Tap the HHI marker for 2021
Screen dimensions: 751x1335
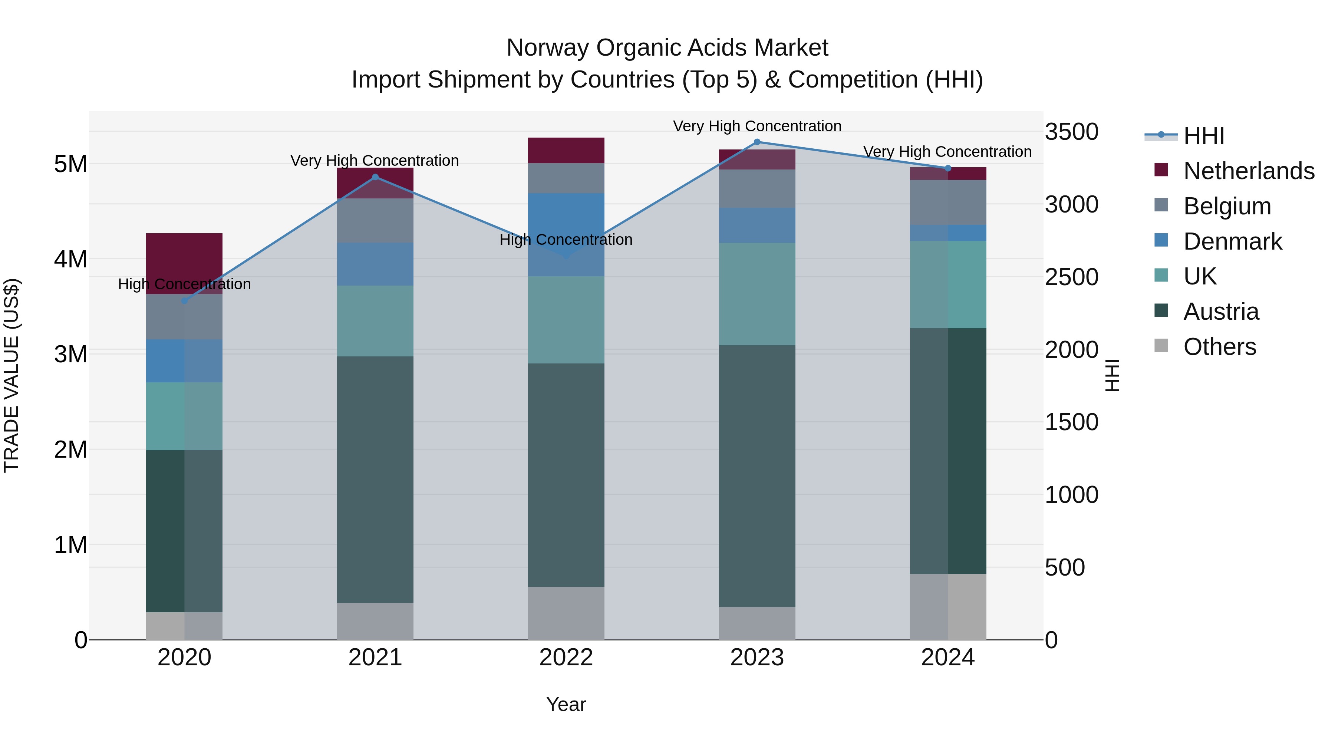[375, 177]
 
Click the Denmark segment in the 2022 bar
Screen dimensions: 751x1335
[566, 218]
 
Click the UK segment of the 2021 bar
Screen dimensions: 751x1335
[375, 321]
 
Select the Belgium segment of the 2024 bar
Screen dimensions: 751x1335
[948, 202]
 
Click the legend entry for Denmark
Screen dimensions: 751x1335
[1232, 241]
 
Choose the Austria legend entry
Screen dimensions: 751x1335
[1220, 312]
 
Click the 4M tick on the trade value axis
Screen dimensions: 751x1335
[70, 259]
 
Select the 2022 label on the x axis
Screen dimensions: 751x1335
[566, 658]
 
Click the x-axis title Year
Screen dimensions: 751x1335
[566, 704]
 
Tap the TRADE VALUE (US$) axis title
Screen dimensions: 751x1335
[11, 375]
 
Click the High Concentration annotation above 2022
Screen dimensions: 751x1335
[566, 240]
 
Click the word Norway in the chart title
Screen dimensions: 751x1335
[548, 48]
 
